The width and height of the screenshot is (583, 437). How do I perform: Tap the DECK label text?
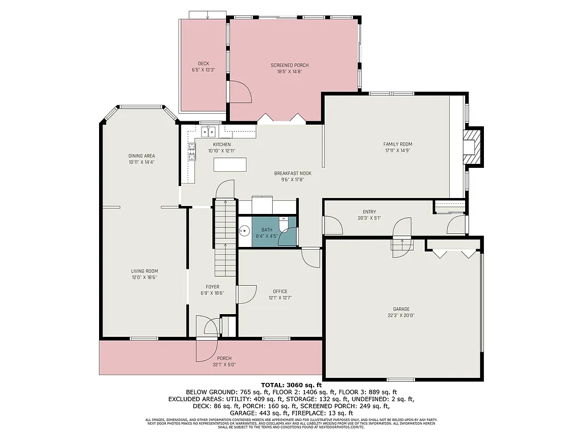(203, 63)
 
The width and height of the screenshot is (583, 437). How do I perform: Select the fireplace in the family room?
(472, 147)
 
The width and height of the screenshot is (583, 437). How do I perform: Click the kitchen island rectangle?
(231, 164)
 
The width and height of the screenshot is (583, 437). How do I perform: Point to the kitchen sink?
(209, 132)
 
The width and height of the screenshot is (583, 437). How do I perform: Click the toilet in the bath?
(285, 225)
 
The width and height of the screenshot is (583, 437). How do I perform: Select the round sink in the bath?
(245, 231)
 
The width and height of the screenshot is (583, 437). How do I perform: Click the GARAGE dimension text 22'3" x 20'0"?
(401, 315)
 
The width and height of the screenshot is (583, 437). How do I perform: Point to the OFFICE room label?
(280, 291)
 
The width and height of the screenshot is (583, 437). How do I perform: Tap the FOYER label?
(212, 287)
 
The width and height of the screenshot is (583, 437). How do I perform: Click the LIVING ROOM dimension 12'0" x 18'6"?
(144, 277)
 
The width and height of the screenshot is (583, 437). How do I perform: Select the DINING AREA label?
(142, 156)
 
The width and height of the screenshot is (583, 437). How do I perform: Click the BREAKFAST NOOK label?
(293, 173)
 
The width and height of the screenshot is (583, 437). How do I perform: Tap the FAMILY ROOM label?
(397, 144)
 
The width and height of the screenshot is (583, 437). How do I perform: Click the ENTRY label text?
(369, 212)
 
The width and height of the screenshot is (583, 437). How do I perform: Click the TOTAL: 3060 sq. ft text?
(291, 385)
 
